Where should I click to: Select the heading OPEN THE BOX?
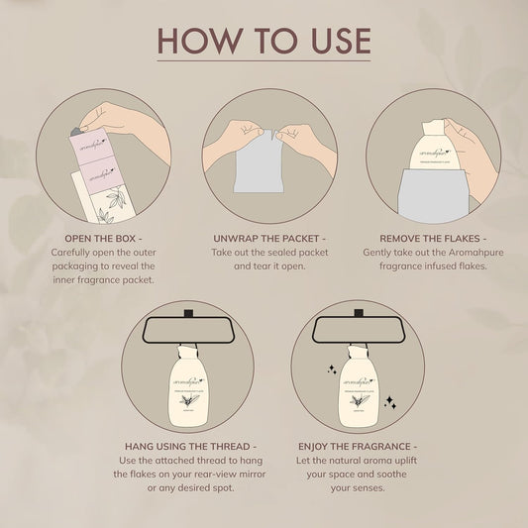click(103, 239)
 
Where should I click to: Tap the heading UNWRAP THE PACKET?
click(269, 239)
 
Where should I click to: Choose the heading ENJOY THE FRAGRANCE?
click(357, 447)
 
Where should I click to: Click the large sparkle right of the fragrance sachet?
click(390, 403)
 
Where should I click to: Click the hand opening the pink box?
click(129, 123)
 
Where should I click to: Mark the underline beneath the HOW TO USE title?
click(264, 62)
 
